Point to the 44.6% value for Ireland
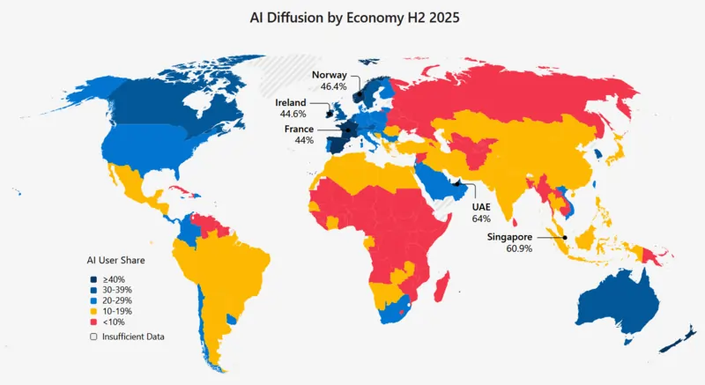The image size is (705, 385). (x=292, y=115)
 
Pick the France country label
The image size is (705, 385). (x=299, y=129)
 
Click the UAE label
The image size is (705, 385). (x=481, y=205)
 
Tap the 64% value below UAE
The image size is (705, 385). (x=481, y=218)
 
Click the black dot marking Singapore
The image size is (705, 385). (x=564, y=237)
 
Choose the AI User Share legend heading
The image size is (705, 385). (x=115, y=261)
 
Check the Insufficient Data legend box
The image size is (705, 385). (x=93, y=337)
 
